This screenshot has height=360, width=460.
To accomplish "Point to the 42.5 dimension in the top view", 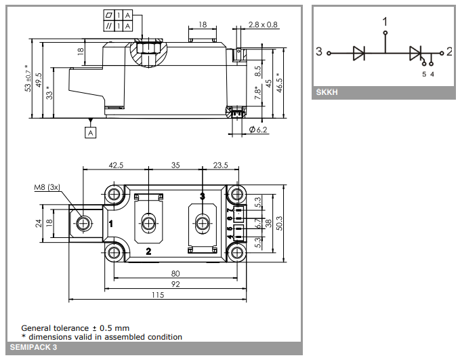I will (116, 165).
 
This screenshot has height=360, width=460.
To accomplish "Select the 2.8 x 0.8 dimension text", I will (263, 25).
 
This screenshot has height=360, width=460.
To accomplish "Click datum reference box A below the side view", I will (90, 133).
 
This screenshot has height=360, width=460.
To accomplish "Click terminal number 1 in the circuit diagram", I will (385, 21).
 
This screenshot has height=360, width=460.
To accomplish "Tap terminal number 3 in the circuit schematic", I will (319, 52).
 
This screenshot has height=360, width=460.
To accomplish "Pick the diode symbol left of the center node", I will (359, 53).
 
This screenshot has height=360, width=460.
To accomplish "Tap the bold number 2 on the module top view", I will (149, 252).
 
